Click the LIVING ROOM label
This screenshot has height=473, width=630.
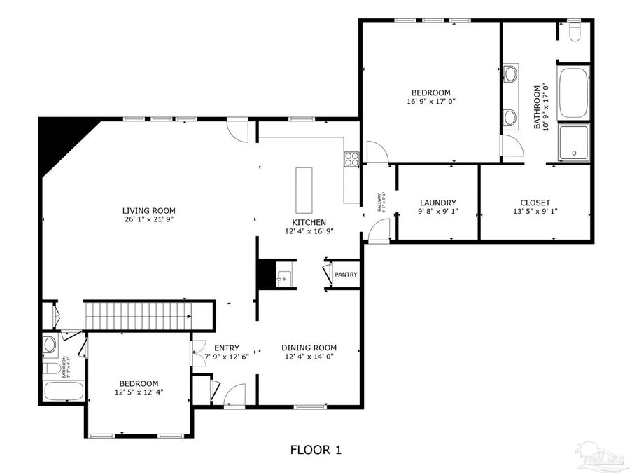tap(148, 210)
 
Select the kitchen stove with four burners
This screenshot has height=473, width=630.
tap(351, 159)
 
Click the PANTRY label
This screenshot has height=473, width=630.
tap(346, 275)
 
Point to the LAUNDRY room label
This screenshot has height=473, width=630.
tap(437, 203)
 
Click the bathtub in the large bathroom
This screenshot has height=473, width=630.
tap(574, 92)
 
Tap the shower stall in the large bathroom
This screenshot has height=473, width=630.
tap(574, 142)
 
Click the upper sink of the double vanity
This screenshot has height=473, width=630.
tap(510, 73)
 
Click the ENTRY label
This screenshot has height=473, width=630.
tap(227, 348)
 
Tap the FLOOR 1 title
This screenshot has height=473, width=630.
tap(316, 449)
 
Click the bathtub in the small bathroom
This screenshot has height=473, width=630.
tap(64, 390)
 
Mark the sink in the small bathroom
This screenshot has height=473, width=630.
tap(50, 345)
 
